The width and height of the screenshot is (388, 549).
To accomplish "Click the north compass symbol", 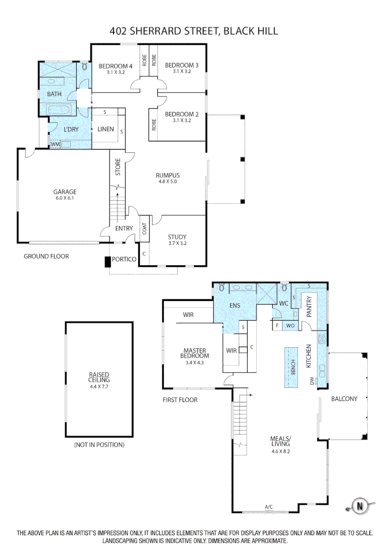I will click(x=361, y=506).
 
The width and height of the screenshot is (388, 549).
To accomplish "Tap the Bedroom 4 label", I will click(x=115, y=66).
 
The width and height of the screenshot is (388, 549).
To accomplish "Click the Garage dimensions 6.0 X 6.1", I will click(x=65, y=198).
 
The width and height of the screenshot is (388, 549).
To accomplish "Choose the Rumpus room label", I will click(x=167, y=175).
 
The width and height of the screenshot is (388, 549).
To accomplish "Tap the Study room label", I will click(x=177, y=237).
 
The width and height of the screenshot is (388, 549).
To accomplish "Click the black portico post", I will click(x=107, y=262).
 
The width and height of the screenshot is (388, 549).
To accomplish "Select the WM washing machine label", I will click(x=54, y=145).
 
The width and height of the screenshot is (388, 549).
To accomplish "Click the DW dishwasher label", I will click(x=312, y=380).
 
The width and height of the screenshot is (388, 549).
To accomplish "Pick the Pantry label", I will click(x=309, y=308).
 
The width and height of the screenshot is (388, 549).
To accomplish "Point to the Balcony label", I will click(x=344, y=399).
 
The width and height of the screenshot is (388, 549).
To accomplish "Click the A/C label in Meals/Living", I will click(x=268, y=507).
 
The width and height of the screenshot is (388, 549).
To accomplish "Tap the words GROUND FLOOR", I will click(x=46, y=256).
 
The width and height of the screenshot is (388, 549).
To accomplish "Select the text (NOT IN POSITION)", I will click(x=99, y=445).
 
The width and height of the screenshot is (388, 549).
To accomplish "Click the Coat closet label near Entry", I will click(x=144, y=229).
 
